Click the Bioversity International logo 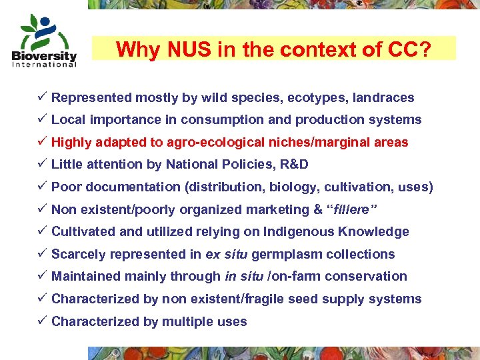(x=44, y=41)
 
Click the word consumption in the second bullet (x=237, y=120)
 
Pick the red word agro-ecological (x=231, y=143)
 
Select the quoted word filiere (x=351, y=210)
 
